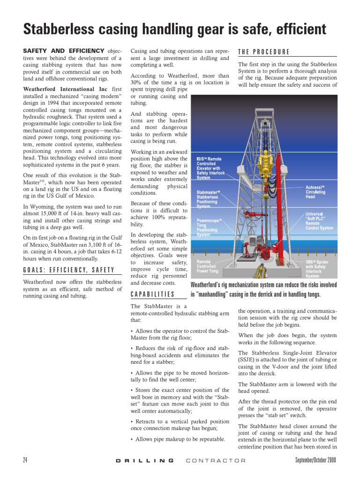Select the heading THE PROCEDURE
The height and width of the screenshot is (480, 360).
click(263, 52)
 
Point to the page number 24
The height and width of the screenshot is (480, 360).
click(26, 460)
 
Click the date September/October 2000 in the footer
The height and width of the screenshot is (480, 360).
click(315, 460)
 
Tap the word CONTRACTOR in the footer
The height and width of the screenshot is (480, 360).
click(216, 460)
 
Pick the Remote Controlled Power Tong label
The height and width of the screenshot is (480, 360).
click(207, 266)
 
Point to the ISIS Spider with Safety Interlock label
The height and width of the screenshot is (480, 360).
click(317, 269)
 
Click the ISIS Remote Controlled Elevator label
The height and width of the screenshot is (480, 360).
click(210, 168)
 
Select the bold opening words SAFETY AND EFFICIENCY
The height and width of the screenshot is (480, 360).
click(64, 51)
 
